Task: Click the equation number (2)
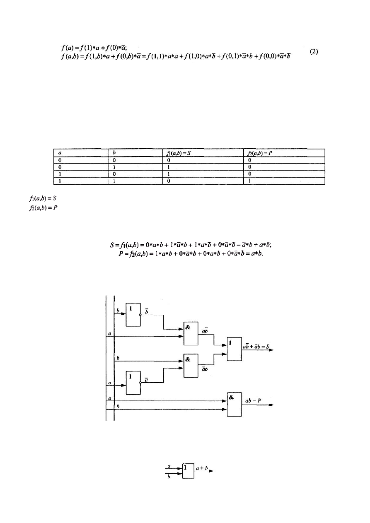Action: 314,51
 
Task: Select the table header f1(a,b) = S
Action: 179,153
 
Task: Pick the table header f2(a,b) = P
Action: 260,153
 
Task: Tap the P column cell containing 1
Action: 249,181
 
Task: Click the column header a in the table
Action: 60,153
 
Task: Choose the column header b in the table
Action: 114,153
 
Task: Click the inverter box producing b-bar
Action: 133,314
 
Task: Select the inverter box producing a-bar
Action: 133,383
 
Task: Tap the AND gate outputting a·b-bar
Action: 191,333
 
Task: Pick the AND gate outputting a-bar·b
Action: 191,365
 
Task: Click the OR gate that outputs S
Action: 234,349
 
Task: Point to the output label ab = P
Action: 253,401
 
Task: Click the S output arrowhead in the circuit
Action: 271,350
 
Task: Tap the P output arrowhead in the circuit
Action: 271,405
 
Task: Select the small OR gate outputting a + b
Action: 188,471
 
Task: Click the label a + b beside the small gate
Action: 202,468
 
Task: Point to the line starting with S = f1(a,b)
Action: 191,245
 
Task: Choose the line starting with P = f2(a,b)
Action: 191,253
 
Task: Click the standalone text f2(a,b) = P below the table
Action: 43,208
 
